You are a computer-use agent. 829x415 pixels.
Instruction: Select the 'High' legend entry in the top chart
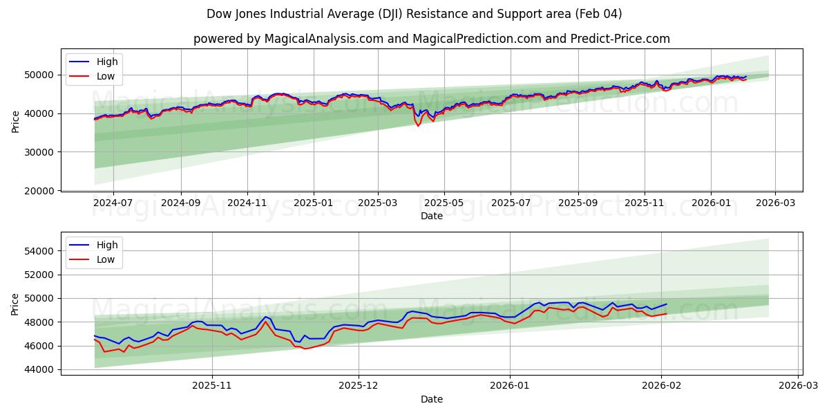click(x=107, y=62)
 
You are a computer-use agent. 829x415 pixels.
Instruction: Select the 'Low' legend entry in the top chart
click(x=106, y=77)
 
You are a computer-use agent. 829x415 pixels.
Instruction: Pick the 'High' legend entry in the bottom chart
click(x=107, y=245)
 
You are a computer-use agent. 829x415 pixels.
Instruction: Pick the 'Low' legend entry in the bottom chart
click(x=106, y=260)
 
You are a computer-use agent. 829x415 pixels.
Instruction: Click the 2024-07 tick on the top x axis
click(x=113, y=203)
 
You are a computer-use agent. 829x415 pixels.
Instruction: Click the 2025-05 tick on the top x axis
click(x=444, y=203)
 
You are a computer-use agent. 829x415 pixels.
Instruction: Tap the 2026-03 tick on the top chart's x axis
click(x=774, y=203)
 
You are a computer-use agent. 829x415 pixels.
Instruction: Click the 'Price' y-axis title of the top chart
click(x=15, y=120)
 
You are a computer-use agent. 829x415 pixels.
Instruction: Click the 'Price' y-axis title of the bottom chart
click(x=15, y=304)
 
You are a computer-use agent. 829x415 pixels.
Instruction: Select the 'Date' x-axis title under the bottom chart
click(x=431, y=399)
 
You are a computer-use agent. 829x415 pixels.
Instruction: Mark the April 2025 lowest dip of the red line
click(x=418, y=126)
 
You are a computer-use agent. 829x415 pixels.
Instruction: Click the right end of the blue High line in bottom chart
click(x=667, y=304)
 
